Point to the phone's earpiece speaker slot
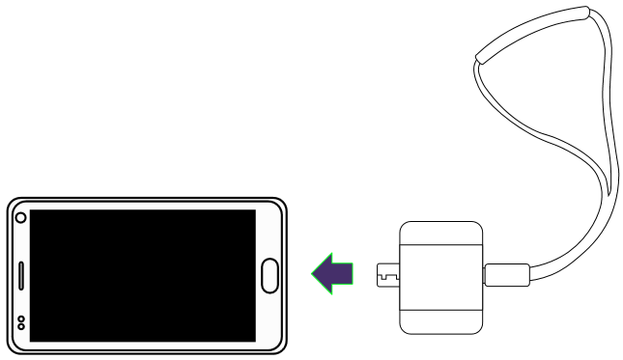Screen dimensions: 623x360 point(21,275)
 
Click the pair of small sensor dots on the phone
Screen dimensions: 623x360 point(21,322)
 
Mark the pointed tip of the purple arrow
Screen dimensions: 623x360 point(311,273)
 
